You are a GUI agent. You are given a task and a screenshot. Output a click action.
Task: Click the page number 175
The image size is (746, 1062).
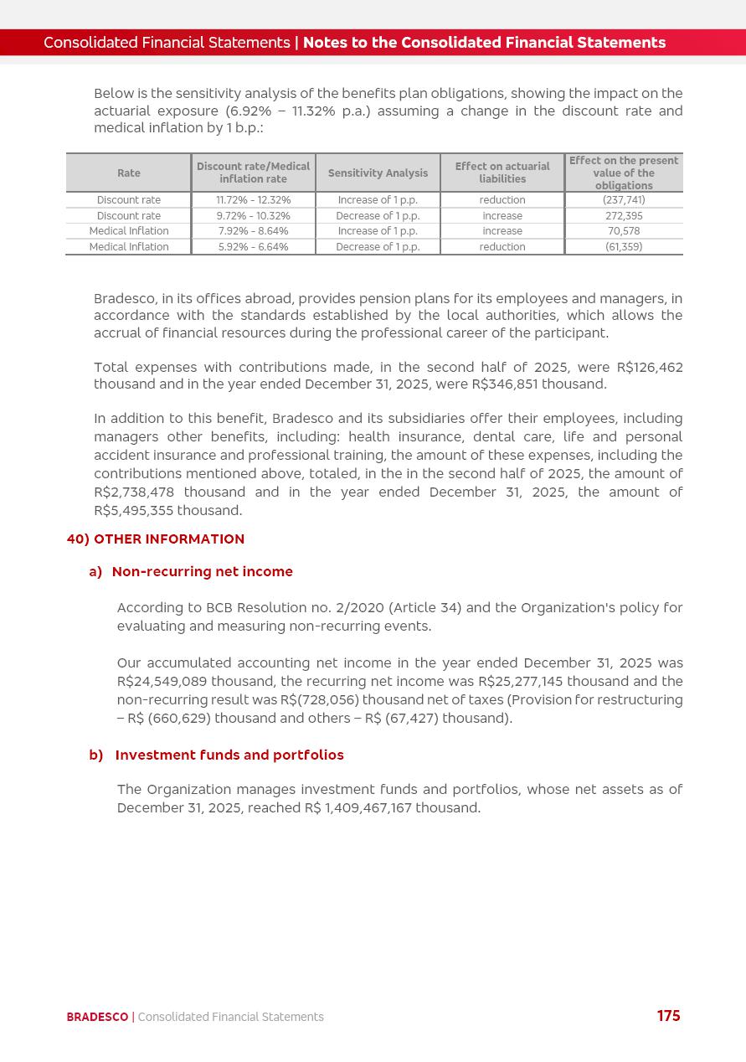(668, 1016)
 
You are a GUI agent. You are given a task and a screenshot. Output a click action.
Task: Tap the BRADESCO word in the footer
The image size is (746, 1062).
(97, 1017)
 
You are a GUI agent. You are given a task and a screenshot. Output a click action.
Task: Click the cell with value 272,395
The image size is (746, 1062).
(624, 216)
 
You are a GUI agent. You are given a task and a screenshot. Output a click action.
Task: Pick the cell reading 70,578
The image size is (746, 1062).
(624, 231)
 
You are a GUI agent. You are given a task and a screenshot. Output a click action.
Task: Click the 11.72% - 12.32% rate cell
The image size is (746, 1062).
(253, 200)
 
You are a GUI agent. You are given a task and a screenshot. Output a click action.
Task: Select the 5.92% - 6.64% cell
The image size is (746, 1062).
(253, 247)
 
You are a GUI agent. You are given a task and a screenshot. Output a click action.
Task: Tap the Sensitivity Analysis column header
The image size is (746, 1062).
(378, 173)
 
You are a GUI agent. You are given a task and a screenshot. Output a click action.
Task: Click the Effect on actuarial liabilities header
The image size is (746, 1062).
(502, 173)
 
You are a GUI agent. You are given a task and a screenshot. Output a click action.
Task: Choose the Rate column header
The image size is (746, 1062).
(129, 173)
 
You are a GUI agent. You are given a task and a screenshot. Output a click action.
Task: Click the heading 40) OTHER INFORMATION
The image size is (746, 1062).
(156, 539)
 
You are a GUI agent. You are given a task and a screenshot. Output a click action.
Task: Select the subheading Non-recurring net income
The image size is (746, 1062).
(202, 572)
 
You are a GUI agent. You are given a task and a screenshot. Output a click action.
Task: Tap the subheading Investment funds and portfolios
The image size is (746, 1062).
(229, 755)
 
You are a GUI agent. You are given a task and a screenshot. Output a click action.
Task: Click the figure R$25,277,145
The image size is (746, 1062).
(520, 682)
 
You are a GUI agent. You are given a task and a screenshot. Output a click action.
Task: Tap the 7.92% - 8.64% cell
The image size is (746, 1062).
(253, 231)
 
